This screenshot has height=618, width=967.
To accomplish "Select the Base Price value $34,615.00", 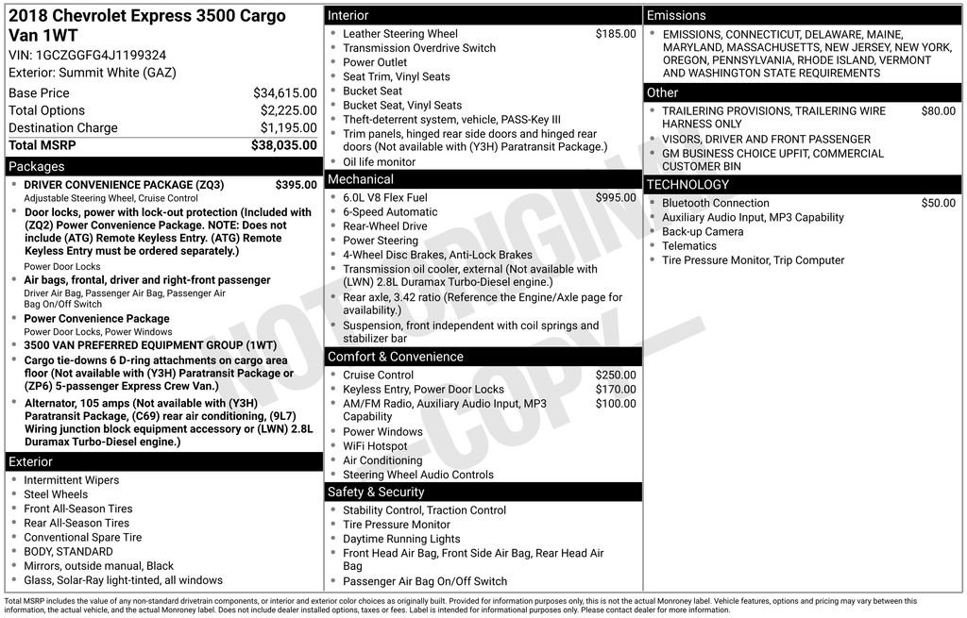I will (284, 92).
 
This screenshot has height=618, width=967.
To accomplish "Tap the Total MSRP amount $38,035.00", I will (283, 145).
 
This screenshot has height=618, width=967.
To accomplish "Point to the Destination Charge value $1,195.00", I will (288, 127).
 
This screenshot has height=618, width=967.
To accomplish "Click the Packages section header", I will (37, 167).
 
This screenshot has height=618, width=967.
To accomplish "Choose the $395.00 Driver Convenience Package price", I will (296, 185).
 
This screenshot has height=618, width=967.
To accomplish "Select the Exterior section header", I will (31, 461).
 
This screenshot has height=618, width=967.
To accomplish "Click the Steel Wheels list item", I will (56, 494).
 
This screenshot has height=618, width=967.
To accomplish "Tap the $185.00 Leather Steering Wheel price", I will (615, 34).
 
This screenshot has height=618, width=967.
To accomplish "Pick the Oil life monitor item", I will (379, 162).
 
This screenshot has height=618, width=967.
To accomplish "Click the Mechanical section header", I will (361, 179).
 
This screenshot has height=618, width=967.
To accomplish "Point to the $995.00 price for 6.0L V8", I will (615, 198).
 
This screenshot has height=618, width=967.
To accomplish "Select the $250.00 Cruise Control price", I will (615, 376).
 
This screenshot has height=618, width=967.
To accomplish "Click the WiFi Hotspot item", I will (375, 446).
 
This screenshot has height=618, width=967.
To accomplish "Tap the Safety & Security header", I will (376, 492).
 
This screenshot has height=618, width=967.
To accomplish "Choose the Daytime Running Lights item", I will (401, 539).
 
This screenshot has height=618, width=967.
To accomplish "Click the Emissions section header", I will (676, 15).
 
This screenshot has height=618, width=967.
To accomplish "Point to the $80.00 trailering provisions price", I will (938, 111).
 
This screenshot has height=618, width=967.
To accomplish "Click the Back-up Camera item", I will (702, 231).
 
